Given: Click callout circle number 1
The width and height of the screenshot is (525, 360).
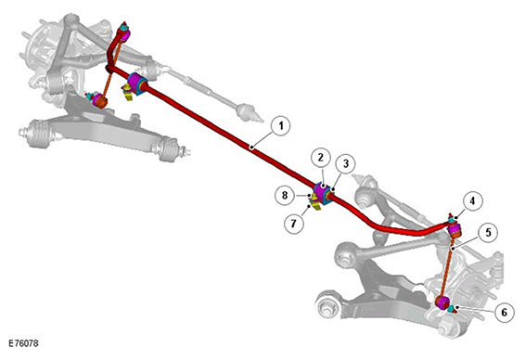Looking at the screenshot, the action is [x=280, y=126].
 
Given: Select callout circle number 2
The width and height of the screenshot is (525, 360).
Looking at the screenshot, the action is [x=321, y=158].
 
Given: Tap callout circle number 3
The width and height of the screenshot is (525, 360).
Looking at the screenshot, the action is [x=346, y=163].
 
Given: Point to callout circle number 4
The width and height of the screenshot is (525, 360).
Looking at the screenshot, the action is [x=472, y=201].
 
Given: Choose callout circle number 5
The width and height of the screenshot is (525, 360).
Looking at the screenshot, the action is [x=488, y=232].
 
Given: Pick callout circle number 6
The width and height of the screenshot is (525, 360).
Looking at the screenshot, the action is [x=505, y=313].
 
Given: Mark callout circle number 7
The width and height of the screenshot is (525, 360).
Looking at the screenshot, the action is [x=294, y=224].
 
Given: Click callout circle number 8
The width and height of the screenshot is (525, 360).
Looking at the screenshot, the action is [x=285, y=195].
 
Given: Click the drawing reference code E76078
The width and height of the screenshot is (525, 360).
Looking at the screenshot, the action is [x=23, y=343].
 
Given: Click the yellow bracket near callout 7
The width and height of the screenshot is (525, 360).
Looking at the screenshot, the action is [x=315, y=203].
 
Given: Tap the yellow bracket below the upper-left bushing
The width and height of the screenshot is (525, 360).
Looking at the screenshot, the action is [x=128, y=93].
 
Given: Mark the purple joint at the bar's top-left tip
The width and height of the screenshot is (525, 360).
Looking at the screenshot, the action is [x=124, y=34].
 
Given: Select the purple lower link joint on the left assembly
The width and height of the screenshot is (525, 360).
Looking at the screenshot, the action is [x=98, y=99].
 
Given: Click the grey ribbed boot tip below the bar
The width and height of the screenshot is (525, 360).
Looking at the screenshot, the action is [x=248, y=112].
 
